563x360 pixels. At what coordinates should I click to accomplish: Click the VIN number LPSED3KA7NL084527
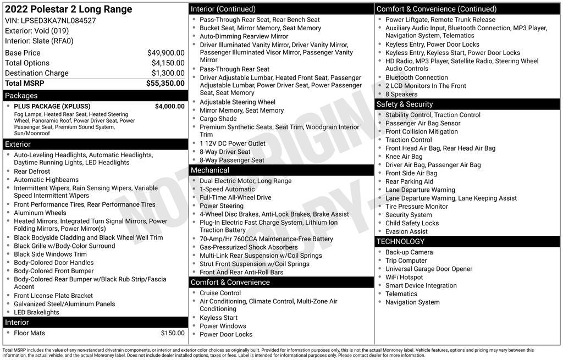pyautogui.click(x=58, y=20)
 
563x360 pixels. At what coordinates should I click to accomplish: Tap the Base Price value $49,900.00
pyautogui.click(x=165, y=53)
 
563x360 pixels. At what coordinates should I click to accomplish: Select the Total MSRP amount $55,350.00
pyautogui.click(x=165, y=84)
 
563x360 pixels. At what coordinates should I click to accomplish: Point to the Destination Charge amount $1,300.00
pyautogui.click(x=168, y=73)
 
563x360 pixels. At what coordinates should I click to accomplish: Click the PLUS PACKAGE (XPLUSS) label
pyautogui.click(x=52, y=107)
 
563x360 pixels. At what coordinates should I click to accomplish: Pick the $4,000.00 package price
pyautogui.click(x=169, y=107)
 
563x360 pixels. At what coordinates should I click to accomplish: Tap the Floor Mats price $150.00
pyautogui.click(x=173, y=333)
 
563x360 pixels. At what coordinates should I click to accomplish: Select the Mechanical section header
pyautogui.click(x=210, y=170)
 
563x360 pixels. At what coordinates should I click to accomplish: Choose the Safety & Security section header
pyautogui.click(x=405, y=104)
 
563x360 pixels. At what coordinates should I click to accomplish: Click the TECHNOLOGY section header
pyautogui.click(x=400, y=241)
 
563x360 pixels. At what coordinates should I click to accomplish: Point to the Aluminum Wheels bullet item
pyautogui.click(x=40, y=213)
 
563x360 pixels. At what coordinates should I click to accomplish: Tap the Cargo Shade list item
pyautogui.click(x=218, y=119)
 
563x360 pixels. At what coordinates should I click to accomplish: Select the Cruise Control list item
pyautogui.click(x=220, y=293)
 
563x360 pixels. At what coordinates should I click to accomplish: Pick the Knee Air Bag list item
pyautogui.click(x=404, y=157)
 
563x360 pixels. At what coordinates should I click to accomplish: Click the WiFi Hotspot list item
pyautogui.click(x=404, y=277)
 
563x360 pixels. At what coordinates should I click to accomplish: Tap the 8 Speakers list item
pyautogui.click(x=401, y=94)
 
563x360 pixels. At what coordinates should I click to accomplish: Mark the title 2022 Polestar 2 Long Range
pyautogui.click(x=69, y=9)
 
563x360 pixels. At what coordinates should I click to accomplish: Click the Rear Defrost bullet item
pyautogui.click(x=32, y=171)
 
